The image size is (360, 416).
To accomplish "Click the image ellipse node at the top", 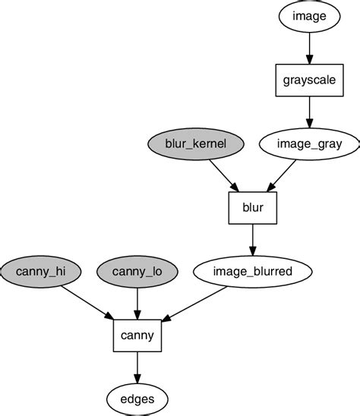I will pyautogui.click(x=309, y=14).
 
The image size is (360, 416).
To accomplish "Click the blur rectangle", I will pyautogui.click(x=252, y=206).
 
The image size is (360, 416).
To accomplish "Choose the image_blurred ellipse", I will pyautogui.click(x=252, y=270).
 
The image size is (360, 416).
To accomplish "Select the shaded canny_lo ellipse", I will pyautogui.click(x=137, y=270).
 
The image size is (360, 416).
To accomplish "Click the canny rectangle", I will pyautogui.click(x=137, y=335).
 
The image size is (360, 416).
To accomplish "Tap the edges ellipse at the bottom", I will pyautogui.click(x=137, y=399).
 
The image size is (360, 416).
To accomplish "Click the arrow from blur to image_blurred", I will pyautogui.click(x=252, y=238).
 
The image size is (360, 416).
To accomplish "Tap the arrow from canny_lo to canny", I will pyautogui.click(x=137, y=302).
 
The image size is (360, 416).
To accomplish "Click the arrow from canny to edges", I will pyautogui.click(x=137, y=366).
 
